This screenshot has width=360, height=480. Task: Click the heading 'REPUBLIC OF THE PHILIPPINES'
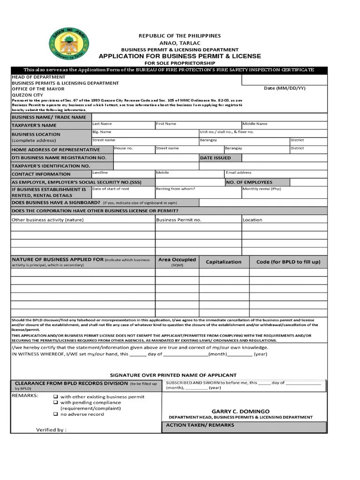tap(180, 36)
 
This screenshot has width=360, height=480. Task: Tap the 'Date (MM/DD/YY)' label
tap(285, 88)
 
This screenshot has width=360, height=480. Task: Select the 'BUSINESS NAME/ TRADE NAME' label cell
tap(49, 117)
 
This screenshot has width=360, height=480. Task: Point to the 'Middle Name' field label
tap(255, 124)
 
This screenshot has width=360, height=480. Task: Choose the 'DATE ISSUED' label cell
tap(216, 158)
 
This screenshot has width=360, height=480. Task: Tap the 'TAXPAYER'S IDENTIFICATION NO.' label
tap(51, 166)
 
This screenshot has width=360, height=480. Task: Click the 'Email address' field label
tap(239, 173)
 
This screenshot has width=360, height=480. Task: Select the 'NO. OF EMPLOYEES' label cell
tap(249, 182)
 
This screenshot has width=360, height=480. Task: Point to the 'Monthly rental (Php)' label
tap(262, 189)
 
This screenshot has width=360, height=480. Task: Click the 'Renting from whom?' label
tap(175, 189)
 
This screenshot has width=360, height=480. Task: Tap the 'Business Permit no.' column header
tap(179, 220)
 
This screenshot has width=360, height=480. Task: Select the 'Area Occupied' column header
tap(177, 260)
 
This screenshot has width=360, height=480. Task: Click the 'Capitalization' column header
tap(224, 262)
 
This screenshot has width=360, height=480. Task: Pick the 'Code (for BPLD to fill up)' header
tap(288, 262)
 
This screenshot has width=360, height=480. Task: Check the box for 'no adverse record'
tap(55, 414)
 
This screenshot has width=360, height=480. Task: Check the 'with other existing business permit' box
tap(55, 397)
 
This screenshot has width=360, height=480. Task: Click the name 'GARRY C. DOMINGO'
tap(240, 411)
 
